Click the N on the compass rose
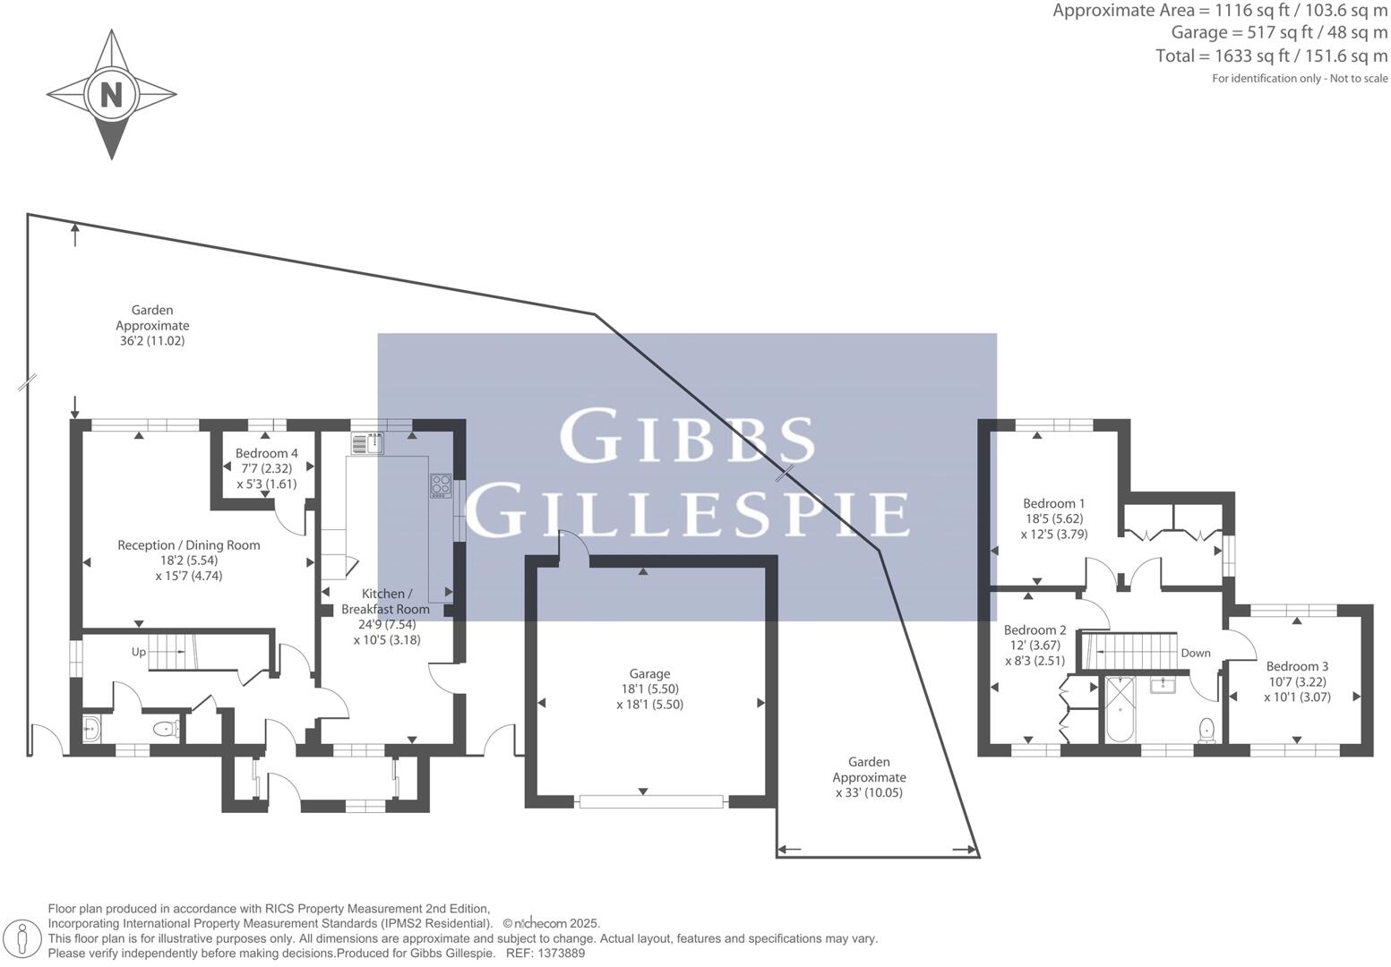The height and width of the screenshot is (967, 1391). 111,94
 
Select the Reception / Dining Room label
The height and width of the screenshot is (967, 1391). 189,545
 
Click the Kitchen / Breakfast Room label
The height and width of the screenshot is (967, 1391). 386,602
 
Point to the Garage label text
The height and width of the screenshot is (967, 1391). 649,674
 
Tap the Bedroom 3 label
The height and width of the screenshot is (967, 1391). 1296,666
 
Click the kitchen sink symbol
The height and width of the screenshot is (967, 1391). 367,441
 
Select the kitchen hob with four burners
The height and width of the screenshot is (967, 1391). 440,485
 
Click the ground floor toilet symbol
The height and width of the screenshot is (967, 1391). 165,730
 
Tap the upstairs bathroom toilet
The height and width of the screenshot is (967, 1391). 1206,729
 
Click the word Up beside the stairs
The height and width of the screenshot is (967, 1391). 139,652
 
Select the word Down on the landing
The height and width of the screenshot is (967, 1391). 1195,653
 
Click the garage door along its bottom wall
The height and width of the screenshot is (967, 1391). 651,801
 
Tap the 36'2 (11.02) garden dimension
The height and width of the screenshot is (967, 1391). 152,341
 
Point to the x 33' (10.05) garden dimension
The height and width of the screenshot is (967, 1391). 869,793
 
